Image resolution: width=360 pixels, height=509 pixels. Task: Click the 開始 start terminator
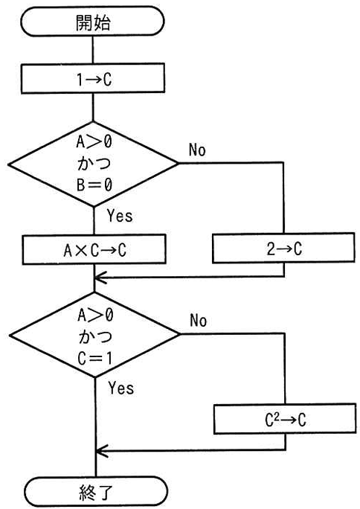[92, 22]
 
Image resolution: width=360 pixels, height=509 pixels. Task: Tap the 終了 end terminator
[96, 492]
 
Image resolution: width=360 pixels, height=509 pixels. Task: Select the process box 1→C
[93, 79]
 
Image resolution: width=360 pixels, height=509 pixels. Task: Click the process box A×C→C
[94, 249]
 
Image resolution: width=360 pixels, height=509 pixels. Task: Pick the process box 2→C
[284, 248]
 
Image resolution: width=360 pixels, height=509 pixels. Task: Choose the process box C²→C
[285, 419]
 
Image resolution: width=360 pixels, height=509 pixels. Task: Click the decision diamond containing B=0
[94, 164]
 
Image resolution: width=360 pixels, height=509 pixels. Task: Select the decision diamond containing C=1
[94, 335]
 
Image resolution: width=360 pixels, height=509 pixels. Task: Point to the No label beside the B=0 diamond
[197, 150]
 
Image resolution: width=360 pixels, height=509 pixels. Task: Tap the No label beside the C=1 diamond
[198, 321]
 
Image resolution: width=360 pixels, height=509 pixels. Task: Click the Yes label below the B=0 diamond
[120, 216]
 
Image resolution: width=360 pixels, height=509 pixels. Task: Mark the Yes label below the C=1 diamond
[121, 388]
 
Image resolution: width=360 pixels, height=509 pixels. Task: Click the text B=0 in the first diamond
[94, 185]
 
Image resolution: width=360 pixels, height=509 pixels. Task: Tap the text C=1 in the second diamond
[95, 358]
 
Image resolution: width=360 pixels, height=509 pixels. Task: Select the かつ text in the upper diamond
[94, 163]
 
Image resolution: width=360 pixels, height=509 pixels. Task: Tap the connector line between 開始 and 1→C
[93, 50]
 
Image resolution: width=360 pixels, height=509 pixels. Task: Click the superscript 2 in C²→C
[277, 416]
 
